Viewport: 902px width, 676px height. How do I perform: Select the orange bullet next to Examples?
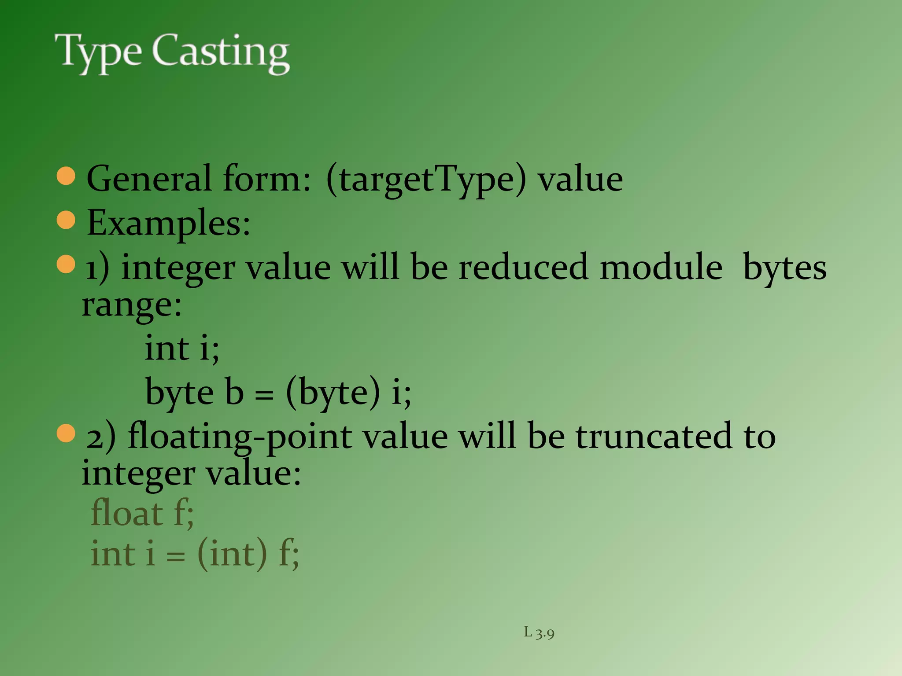click(66, 220)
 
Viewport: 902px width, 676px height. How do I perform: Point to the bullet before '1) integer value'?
click(66, 264)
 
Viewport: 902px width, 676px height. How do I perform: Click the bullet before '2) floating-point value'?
click(66, 434)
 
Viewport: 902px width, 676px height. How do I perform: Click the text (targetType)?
click(426, 180)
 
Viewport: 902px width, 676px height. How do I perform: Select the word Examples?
click(169, 224)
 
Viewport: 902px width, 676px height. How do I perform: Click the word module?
click(661, 268)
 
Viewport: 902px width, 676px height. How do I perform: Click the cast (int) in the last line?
click(232, 554)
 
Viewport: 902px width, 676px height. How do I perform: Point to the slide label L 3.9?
click(539, 633)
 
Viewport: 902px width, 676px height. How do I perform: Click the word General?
click(149, 180)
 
